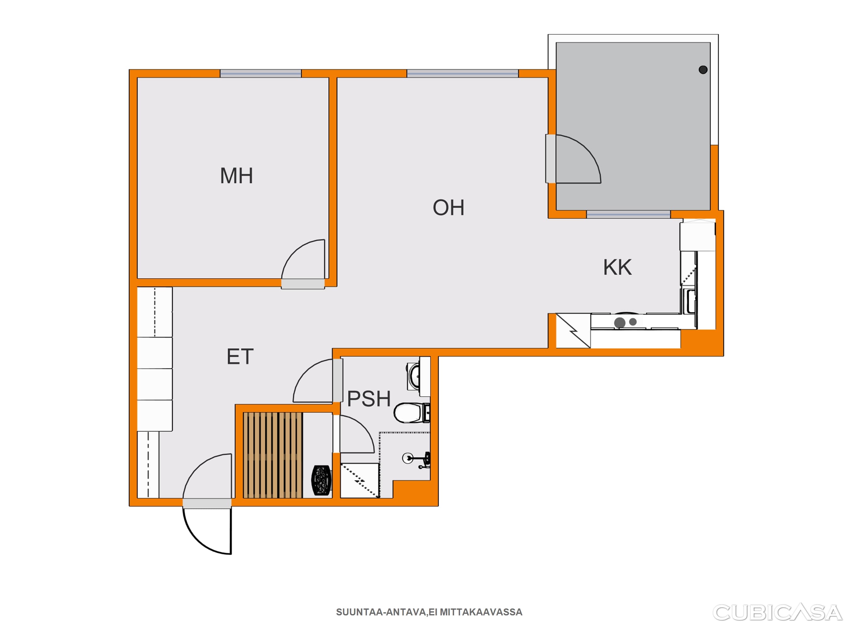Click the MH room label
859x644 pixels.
pos(237,175)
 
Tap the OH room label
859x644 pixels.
pos(448,208)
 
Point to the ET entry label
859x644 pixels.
pos(240,356)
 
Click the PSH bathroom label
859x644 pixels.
pos(369,399)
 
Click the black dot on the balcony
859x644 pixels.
pos(703,70)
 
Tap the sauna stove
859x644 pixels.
pos(322,480)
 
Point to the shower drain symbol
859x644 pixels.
pos(407,458)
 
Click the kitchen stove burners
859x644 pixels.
pos(625,322)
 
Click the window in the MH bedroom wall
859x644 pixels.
pos(261,73)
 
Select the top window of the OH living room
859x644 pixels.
pos(463,73)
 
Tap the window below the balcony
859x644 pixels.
pos(628,214)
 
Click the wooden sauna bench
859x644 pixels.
pos(272,455)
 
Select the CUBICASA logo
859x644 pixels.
pos(777,613)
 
